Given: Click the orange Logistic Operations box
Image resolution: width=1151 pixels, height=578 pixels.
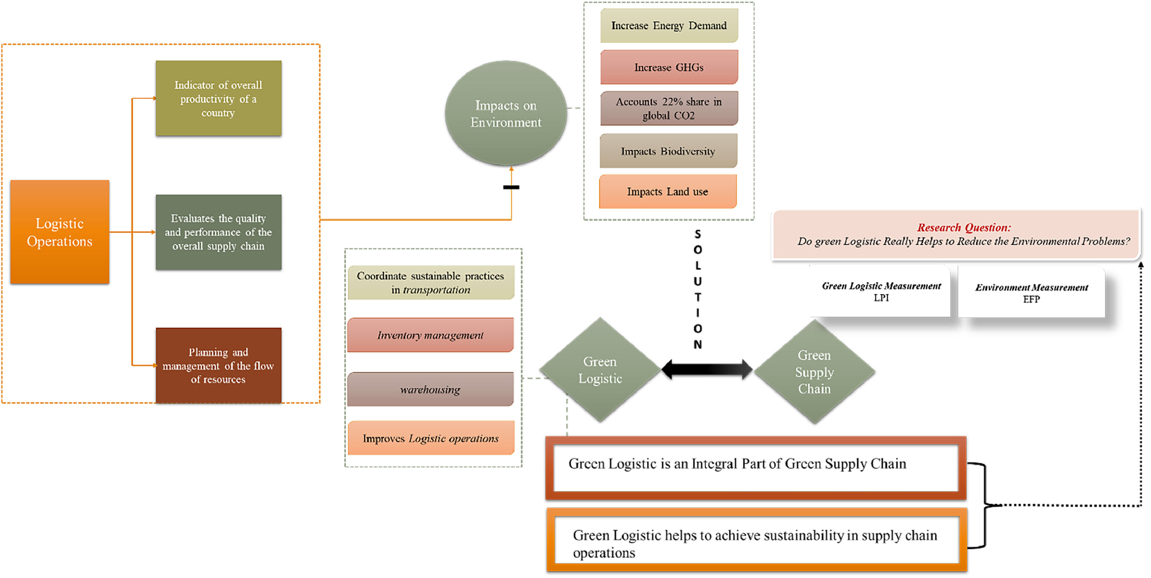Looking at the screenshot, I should click(60, 232).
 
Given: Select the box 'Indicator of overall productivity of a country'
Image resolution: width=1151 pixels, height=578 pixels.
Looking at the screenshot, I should click(218, 99).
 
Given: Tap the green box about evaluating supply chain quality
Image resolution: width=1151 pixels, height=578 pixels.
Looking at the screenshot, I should click(218, 232).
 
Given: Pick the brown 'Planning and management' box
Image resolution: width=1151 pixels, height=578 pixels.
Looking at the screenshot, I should click(218, 365).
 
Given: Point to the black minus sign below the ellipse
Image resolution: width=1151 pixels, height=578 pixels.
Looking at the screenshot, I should click(511, 187).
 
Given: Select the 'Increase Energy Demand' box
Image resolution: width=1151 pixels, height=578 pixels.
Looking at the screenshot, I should click(668, 25).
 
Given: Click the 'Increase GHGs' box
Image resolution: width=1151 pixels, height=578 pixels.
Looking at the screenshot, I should click(668, 67).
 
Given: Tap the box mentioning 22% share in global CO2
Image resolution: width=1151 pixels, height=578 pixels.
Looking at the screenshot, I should click(668, 108).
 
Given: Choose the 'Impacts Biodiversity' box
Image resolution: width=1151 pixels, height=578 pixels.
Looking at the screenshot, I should click(668, 151).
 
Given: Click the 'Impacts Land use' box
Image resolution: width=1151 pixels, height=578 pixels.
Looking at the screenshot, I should click(667, 191).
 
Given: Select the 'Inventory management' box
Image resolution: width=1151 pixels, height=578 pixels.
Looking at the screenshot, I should click(430, 335).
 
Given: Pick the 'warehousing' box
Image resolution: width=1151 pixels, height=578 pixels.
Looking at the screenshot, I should click(430, 389).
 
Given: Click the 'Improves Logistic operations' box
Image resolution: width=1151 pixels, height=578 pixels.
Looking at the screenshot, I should click(430, 438).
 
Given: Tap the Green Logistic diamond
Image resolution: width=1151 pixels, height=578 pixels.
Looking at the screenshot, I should click(600, 370).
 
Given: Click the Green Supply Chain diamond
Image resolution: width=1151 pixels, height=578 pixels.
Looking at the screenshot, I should click(814, 372).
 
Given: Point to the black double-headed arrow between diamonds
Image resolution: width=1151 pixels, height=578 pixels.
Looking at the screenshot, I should click(707, 369).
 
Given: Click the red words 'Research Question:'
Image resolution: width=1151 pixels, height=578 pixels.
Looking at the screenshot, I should click(964, 228).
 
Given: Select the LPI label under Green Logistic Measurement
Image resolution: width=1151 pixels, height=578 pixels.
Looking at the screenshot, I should click(881, 298).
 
